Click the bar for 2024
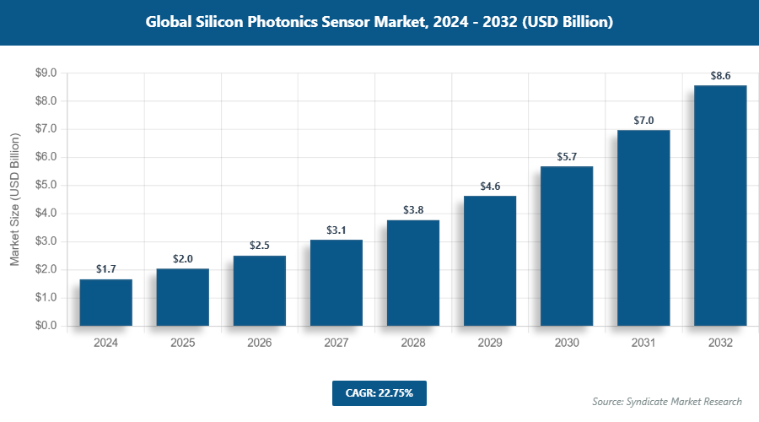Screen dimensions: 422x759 point(106,302)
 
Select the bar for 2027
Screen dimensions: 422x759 point(336,283)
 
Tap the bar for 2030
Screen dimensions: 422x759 point(567,246)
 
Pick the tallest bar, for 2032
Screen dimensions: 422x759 point(720,205)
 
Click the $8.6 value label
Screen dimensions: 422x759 point(720,76)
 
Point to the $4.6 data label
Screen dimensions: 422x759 point(490,187)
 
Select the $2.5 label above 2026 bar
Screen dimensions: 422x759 point(260,246)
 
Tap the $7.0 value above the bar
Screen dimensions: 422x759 point(643,121)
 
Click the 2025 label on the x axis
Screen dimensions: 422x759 point(183,344)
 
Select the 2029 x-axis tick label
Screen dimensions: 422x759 point(490,344)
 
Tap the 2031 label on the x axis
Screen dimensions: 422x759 point(643,344)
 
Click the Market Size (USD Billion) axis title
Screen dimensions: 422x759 point(14,199)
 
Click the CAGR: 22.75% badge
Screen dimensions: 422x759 point(379,392)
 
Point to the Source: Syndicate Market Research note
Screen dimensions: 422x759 point(666,401)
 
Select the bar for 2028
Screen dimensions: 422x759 point(413,273)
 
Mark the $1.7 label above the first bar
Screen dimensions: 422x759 point(106,269)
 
